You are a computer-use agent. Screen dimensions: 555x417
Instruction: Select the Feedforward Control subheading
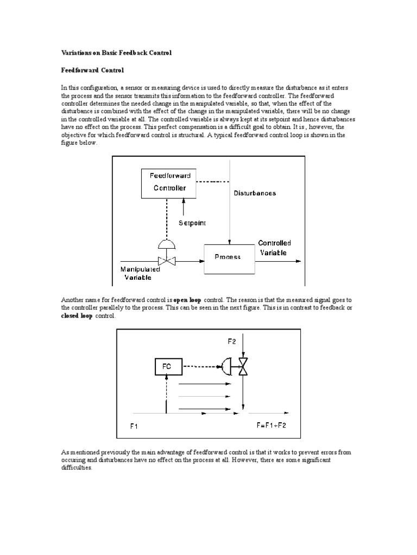click(x=92, y=70)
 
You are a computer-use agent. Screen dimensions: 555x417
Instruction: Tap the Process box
click(x=228, y=257)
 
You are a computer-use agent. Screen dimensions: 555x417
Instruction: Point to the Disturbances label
click(x=255, y=193)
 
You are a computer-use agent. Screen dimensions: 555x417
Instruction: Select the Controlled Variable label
click(x=274, y=248)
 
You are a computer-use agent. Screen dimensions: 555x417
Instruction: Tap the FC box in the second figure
click(x=167, y=367)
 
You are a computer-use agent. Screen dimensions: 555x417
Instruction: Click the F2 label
click(x=232, y=341)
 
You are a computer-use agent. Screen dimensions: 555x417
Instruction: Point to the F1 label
click(x=134, y=426)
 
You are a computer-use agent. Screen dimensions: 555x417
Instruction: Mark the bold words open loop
click(x=187, y=299)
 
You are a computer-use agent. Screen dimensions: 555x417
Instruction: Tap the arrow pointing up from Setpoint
click(x=184, y=207)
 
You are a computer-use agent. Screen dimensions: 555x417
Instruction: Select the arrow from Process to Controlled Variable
click(x=277, y=261)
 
